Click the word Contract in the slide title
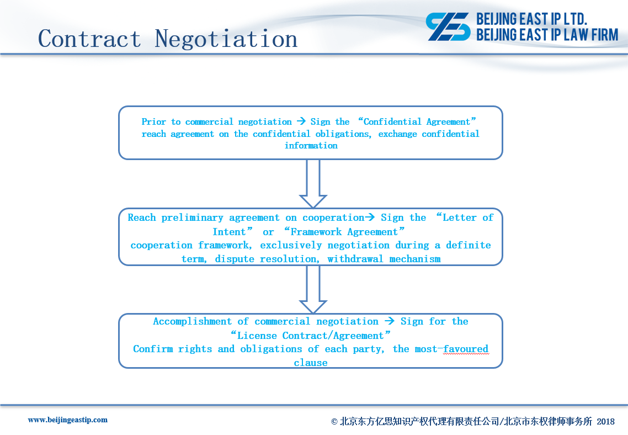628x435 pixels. point(89,39)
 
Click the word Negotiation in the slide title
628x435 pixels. point(226,39)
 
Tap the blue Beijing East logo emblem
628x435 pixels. point(448,26)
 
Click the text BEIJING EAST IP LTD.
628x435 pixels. point(531,19)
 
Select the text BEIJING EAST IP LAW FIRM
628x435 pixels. point(547,35)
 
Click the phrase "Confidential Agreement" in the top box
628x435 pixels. point(417,121)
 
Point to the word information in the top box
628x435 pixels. point(311,145)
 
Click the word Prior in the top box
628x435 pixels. point(153,121)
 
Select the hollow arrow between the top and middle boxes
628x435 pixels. point(313,183)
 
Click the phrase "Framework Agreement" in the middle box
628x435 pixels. point(344,231)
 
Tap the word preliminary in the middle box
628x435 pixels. point(192,217)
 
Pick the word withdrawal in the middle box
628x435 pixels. point(355,259)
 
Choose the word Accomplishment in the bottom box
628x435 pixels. point(192,321)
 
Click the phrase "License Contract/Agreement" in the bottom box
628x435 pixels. point(310,335)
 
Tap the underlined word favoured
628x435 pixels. point(466,349)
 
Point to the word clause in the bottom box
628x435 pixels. point(310,363)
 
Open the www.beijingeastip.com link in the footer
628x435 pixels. point(68,420)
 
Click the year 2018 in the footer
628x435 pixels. point(605,421)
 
